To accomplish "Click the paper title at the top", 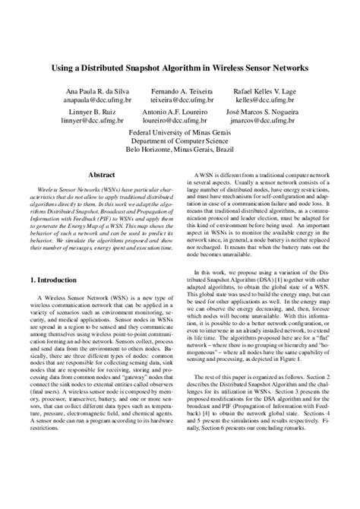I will tap(180, 68).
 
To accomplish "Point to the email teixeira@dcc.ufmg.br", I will tap(180, 100).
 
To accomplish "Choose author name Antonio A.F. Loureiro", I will tap(180, 112).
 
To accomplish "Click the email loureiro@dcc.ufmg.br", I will tap(180, 122).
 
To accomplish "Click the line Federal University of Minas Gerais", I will tap(180, 133).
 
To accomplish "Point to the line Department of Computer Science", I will tap(180, 141).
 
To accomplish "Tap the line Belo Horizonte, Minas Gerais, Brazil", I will tap(180, 150).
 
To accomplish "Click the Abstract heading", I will tap(101, 174).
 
